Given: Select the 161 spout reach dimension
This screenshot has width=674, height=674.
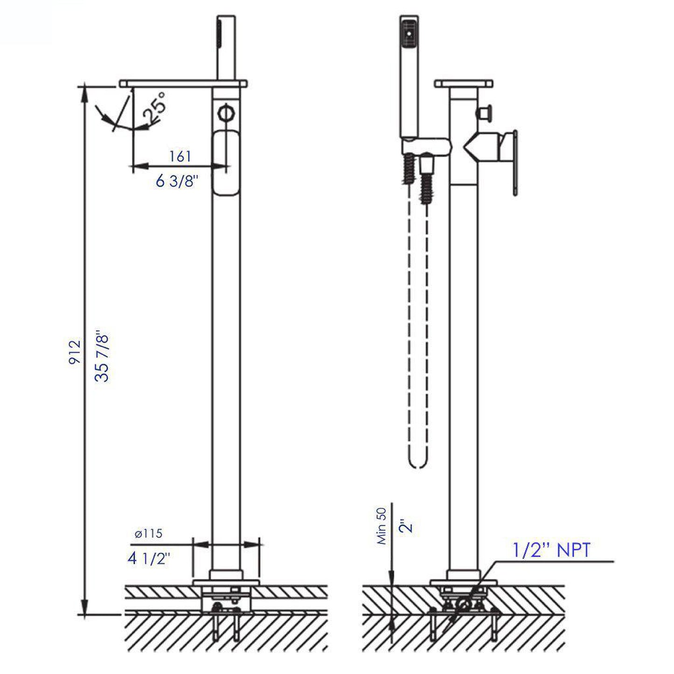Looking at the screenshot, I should coord(180,156).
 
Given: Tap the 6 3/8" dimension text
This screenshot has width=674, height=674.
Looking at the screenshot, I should coord(177,181).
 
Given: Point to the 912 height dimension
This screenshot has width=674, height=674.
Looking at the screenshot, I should coord(75,352).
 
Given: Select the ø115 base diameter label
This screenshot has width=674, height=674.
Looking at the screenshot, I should coord(148,534).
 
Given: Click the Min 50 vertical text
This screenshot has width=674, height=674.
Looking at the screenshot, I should coord(382,526).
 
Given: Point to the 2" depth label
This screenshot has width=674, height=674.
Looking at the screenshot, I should coord(407,527).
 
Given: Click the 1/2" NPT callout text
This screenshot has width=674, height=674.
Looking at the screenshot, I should coord(551,550).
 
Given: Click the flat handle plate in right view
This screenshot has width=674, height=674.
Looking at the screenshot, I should coord(514,162).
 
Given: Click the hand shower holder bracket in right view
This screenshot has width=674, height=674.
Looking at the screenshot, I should coord(427,146).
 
